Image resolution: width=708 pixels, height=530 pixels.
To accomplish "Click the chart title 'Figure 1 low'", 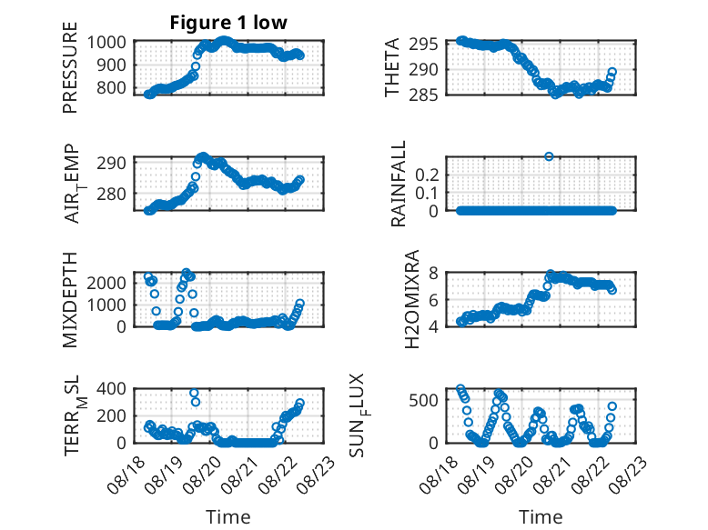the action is pos(228,23).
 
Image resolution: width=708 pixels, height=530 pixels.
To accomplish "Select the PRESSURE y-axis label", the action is pos(70,67).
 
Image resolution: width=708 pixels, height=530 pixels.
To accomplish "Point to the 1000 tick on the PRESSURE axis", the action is pos(106,43).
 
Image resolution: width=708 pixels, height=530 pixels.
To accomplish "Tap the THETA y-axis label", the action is pos(392,67).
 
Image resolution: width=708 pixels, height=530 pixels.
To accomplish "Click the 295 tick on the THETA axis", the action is pos(423,45).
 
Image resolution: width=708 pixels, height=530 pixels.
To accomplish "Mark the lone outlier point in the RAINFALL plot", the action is pos(549,156).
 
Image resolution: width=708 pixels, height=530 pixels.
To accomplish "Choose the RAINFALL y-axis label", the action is pos(399,184).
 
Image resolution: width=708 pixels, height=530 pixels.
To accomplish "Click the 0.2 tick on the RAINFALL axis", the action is pos(427,175).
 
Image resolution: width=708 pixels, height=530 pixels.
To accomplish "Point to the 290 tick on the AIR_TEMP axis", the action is pos(111,163).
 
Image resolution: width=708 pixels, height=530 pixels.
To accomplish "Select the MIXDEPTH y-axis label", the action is pos(70,300).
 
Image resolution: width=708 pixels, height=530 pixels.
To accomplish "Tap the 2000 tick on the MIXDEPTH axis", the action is pos(106,283).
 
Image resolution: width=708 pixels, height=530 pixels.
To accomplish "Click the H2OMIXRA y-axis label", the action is pos(412,299).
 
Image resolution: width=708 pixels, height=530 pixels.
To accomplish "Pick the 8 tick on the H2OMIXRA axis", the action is pos(433,273).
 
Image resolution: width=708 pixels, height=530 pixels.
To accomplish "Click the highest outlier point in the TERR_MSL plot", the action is pos(194,393).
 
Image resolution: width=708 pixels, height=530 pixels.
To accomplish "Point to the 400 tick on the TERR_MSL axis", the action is pos(111,388).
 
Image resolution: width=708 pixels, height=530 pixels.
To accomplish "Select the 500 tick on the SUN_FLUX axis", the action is pos(423,400).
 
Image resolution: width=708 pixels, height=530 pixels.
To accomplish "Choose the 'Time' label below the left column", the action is pos(228,516).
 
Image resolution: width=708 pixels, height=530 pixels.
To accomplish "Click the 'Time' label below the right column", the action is pos(541,516).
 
